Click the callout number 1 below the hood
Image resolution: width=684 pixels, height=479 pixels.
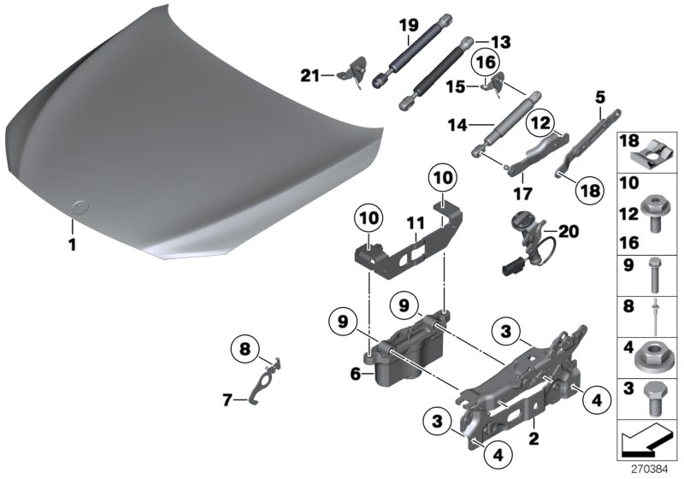[73, 245]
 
